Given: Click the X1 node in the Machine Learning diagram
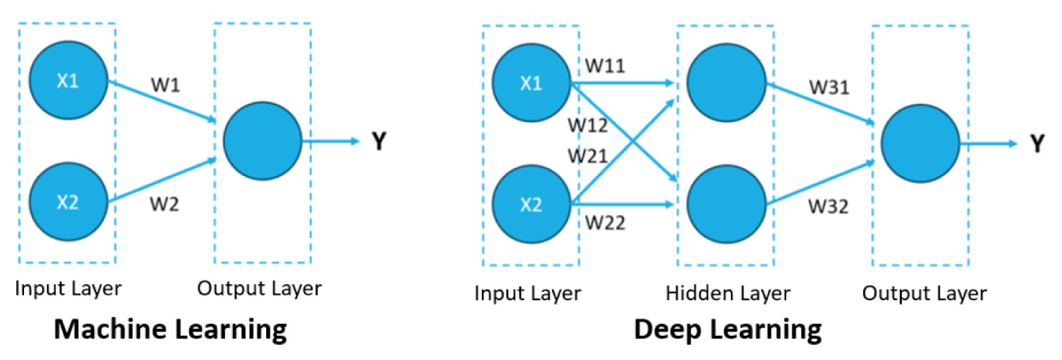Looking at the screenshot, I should click(68, 81).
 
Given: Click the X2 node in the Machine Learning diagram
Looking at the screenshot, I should click(68, 202).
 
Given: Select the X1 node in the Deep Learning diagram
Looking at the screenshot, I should click(531, 84).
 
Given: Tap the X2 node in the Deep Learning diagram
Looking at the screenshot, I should click(531, 205).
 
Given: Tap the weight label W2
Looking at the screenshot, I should click(164, 205).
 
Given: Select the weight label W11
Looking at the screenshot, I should click(605, 65).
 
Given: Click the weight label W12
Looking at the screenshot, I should click(588, 124).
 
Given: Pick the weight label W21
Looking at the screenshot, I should click(588, 155).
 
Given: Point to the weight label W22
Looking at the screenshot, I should click(606, 223).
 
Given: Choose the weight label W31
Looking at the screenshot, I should click(830, 88).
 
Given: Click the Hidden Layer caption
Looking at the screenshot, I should click(727, 293).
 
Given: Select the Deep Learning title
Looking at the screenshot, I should click(727, 330).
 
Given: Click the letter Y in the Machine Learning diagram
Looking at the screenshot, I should click(379, 142).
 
